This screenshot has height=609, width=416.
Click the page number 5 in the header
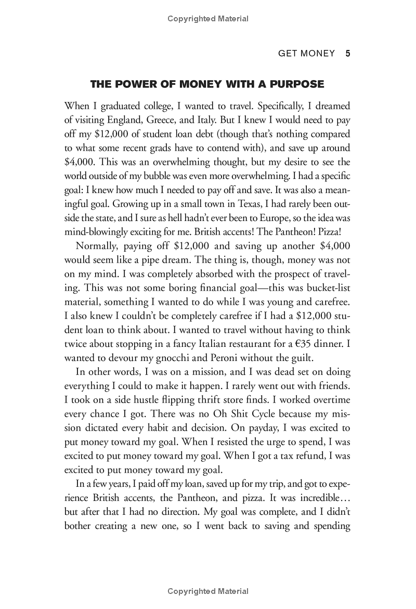coord(348,54)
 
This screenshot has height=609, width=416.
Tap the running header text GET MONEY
coord(307,54)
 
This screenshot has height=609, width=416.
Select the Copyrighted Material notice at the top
coord(208,19)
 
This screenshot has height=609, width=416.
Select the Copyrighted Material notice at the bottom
coord(208,591)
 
